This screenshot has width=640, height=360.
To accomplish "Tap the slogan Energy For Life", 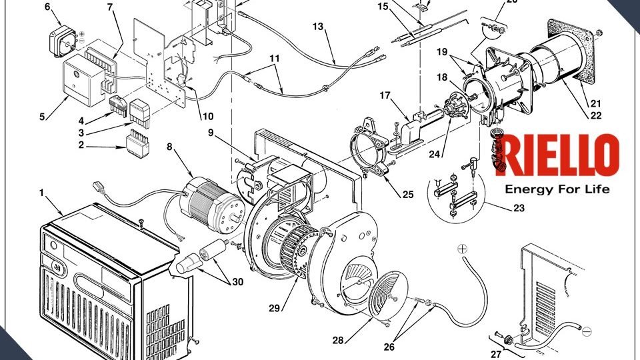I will click(557, 189).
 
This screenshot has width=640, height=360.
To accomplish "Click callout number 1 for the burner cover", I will click(41, 193).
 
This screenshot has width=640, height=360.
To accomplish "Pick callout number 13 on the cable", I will click(318, 26).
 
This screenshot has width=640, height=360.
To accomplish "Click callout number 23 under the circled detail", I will click(519, 208).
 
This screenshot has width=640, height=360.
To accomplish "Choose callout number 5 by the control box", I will click(42, 117).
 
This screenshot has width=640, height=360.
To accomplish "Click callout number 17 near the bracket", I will click(385, 95).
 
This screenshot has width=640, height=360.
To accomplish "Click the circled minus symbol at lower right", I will click(587, 331).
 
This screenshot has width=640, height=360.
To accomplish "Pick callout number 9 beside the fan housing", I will click(210, 133).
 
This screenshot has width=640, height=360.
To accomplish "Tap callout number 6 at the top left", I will click(47, 7).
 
